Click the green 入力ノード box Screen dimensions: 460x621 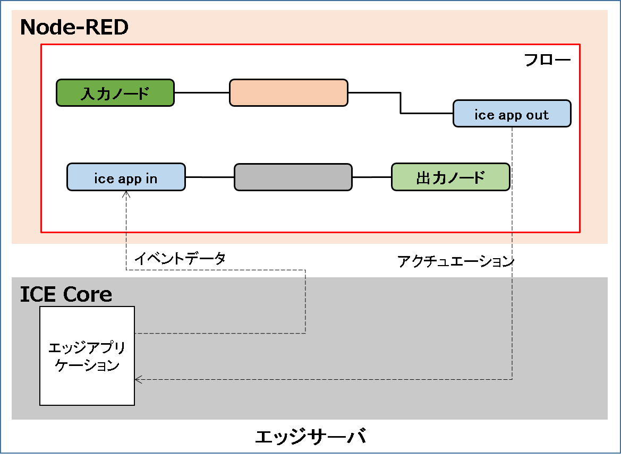tap(115, 93)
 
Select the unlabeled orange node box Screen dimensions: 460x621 tap(288, 93)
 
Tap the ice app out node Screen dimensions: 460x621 tap(512, 114)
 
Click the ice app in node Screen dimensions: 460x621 tap(126, 177)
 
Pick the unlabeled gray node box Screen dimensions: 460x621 tap(293, 177)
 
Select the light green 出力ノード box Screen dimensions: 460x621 tap(450, 177)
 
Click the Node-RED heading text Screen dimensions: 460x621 tap(74, 28)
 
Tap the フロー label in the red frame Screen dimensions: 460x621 tap(547, 59)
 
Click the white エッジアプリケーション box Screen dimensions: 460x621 tap(87, 356)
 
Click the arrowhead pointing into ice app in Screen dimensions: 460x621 tap(126, 194)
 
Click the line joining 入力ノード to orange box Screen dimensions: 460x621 tap(202, 92)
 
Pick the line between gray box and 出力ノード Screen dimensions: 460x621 tap(371, 177)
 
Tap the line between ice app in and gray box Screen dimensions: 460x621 tap(209, 177)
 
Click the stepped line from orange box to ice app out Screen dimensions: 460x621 tap(401, 104)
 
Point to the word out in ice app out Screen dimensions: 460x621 tap(537, 115)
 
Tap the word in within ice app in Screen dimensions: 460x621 tap(151, 178)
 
